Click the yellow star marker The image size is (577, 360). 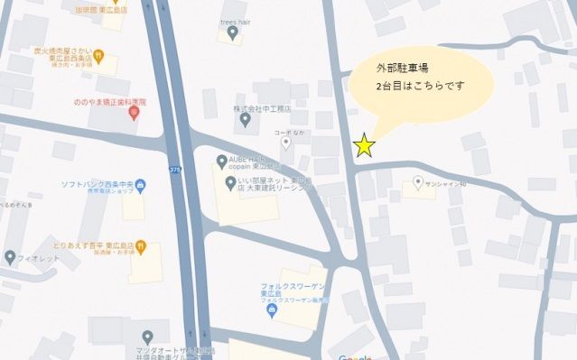point(364,144)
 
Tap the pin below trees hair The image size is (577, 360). point(233,34)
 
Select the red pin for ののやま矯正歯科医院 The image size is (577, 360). point(134,113)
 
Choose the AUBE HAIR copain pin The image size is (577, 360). point(222,162)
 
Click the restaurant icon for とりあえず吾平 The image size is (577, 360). point(140,247)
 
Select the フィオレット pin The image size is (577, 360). point(10,256)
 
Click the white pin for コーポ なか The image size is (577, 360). point(286,142)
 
